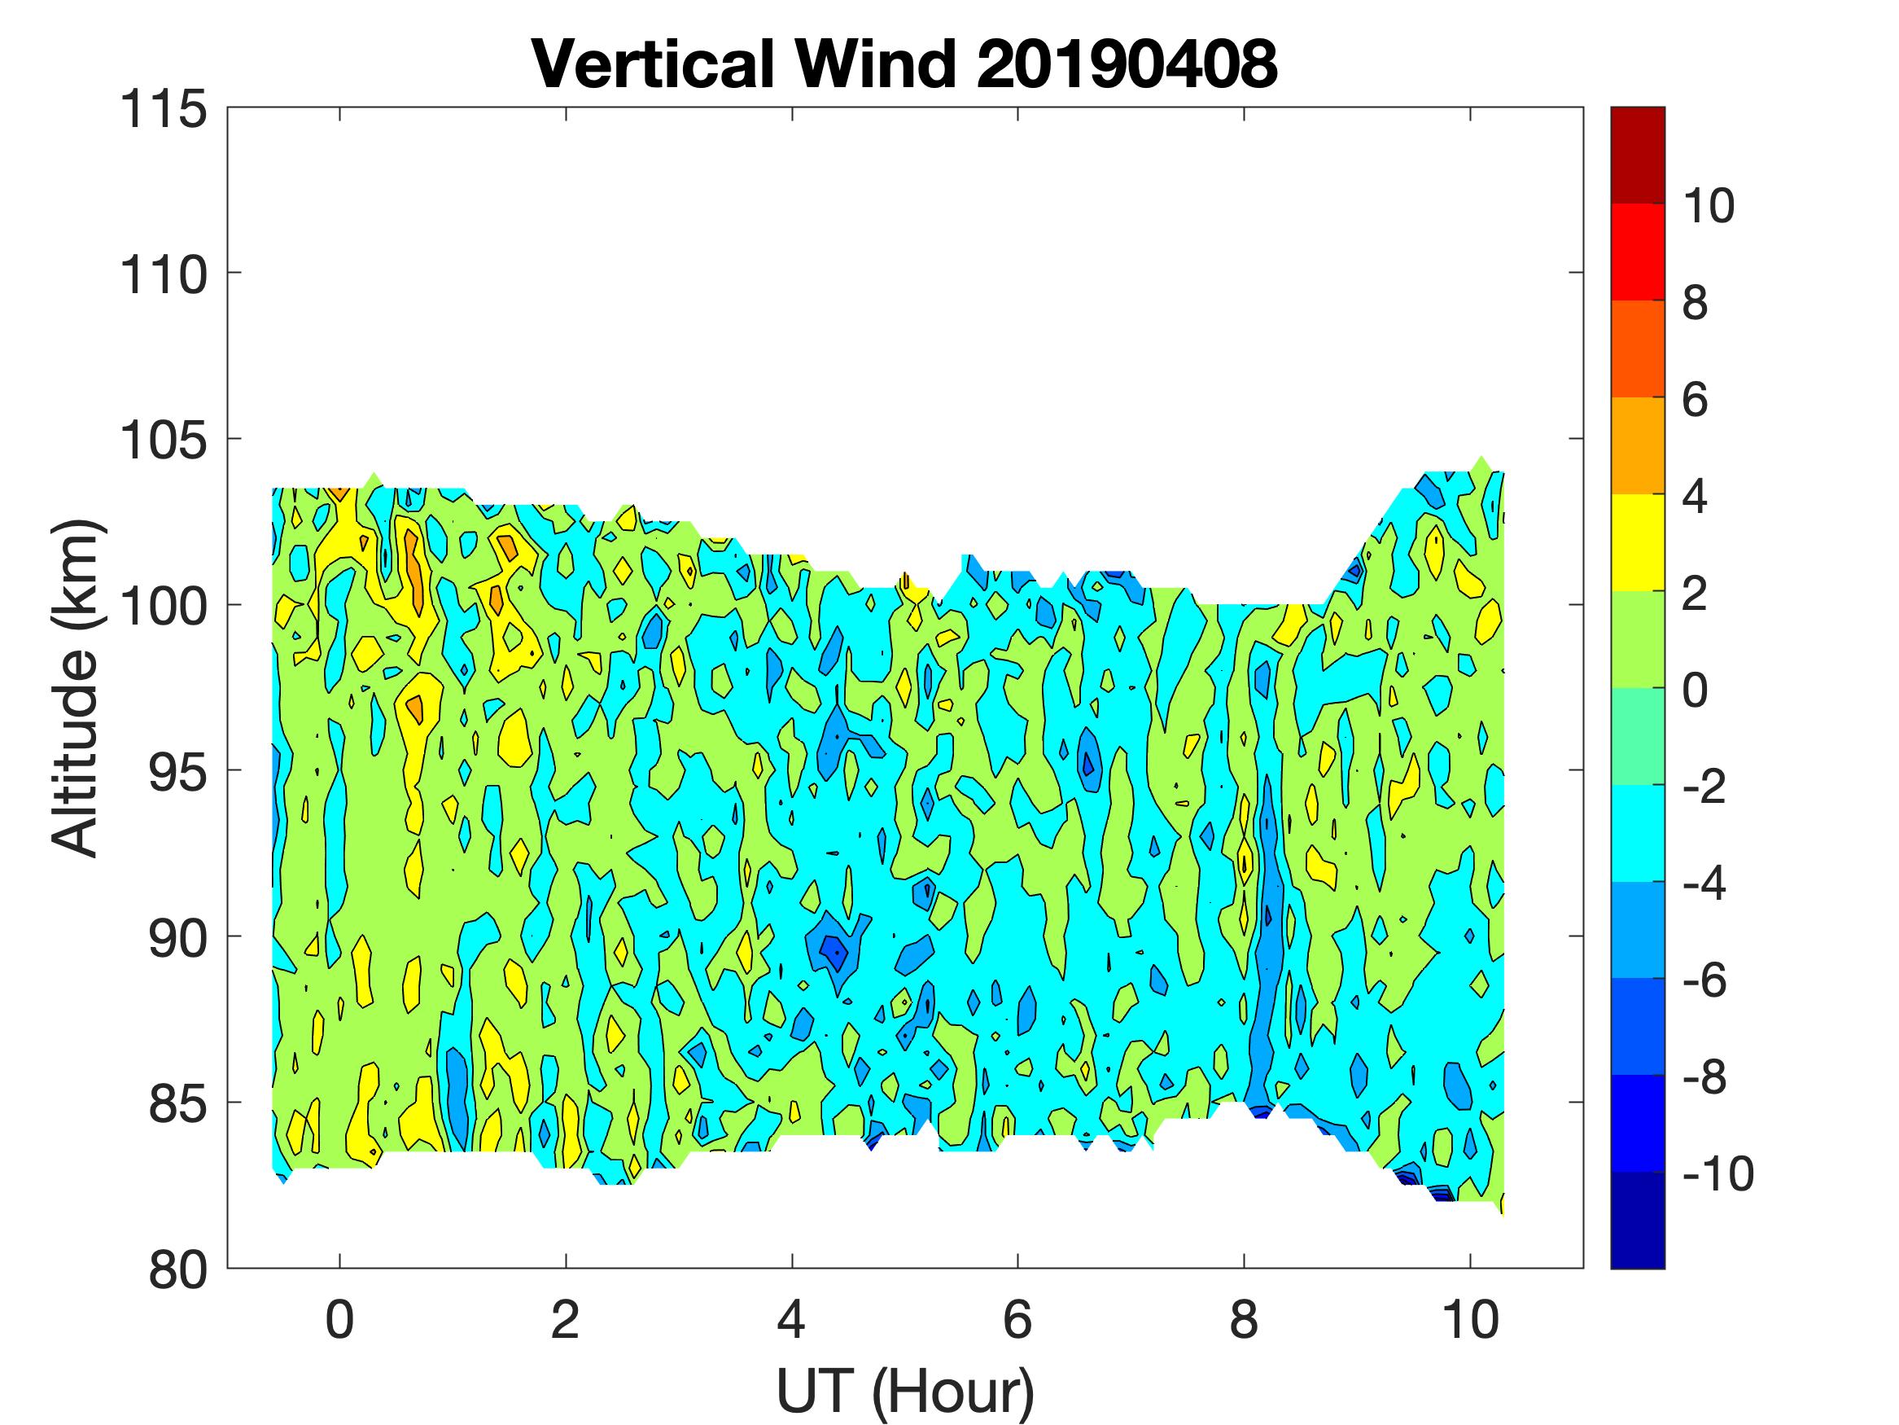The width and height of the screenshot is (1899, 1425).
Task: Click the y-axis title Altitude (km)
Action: [76, 687]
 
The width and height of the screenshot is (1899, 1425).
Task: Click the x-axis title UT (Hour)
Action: [905, 1392]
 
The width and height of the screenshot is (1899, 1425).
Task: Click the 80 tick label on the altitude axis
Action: [177, 1269]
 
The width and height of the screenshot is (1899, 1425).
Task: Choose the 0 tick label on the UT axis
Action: [340, 1321]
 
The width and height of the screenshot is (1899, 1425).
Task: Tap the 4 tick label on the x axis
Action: [791, 1321]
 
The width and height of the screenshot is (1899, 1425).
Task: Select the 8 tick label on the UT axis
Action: [1244, 1321]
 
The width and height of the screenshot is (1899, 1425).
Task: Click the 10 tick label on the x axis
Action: [1470, 1321]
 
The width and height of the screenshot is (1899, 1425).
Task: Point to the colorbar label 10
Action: [1708, 206]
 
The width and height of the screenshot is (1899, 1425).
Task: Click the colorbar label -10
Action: [1716, 1173]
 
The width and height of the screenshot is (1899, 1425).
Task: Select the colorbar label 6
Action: [1695, 401]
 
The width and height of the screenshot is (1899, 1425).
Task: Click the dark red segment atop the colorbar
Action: [1637, 155]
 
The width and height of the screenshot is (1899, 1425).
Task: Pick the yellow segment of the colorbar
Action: [1637, 542]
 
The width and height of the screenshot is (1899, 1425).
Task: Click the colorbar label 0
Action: [1695, 691]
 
